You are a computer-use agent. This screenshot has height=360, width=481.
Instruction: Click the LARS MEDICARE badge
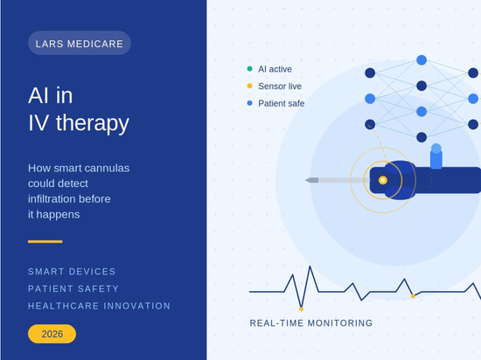click(80, 43)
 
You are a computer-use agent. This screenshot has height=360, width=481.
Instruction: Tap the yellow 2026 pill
click(52, 334)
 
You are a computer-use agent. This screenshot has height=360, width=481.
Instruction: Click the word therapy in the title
click(93, 123)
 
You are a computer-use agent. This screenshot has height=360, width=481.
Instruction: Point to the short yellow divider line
click(45, 241)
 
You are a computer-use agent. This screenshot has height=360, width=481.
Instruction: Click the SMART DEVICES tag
click(72, 272)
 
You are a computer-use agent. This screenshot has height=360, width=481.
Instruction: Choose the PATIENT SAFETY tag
click(73, 288)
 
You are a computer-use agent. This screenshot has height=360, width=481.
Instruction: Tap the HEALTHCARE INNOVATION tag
click(99, 306)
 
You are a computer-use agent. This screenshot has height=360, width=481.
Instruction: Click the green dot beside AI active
click(250, 69)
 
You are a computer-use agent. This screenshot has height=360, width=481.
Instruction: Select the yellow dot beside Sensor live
click(250, 87)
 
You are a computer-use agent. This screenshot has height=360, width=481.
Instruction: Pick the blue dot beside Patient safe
click(250, 103)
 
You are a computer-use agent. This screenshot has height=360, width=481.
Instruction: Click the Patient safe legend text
click(282, 104)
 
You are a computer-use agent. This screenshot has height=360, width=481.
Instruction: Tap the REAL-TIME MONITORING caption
click(311, 323)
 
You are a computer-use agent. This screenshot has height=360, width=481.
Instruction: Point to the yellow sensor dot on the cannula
click(382, 180)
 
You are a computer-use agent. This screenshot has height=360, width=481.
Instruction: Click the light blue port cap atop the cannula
click(436, 156)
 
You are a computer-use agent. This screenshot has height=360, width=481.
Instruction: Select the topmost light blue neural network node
click(422, 60)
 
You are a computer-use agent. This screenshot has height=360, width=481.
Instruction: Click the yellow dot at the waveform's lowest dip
click(301, 308)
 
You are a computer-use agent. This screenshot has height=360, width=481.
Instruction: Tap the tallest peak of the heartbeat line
click(310, 267)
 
